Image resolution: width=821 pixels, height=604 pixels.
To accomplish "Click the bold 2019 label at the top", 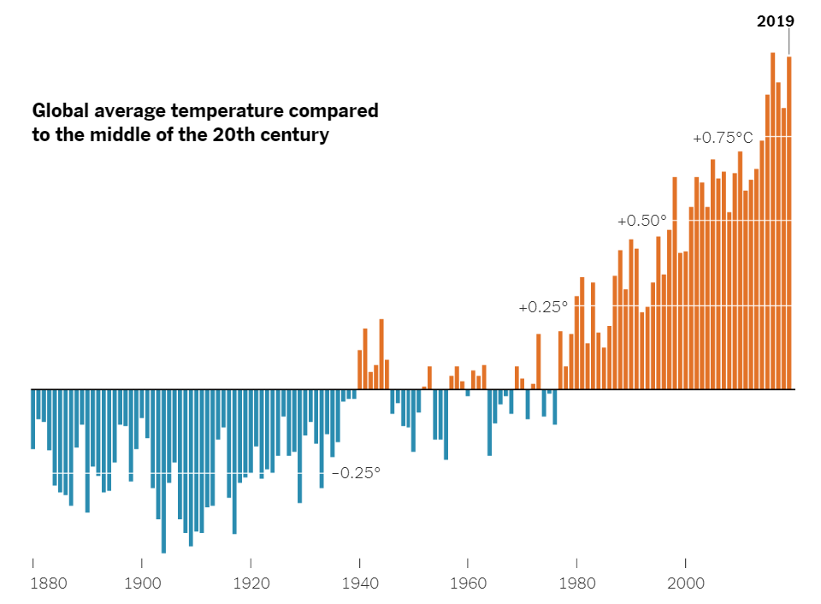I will click(x=776, y=21).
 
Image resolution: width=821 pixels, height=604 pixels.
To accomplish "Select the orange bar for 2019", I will click(x=789, y=222).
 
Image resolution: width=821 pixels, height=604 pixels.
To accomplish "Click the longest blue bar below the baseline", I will click(x=163, y=471).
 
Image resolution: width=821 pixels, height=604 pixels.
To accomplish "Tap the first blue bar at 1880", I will click(x=33, y=419).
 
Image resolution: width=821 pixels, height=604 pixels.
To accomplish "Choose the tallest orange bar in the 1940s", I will click(x=381, y=354).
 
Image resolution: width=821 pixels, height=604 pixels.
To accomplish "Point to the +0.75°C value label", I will click(x=723, y=138).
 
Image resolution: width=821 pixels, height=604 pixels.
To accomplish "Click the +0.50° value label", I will click(x=641, y=221).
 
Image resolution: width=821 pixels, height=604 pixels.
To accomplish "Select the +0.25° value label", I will click(x=543, y=307).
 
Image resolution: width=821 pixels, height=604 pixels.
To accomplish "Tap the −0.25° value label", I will click(x=355, y=473).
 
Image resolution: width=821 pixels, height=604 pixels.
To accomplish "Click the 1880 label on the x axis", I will click(x=48, y=585).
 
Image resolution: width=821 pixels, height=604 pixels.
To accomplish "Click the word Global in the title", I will click(x=59, y=111).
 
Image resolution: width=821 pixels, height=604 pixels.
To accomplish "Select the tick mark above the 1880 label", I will click(x=33, y=563).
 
